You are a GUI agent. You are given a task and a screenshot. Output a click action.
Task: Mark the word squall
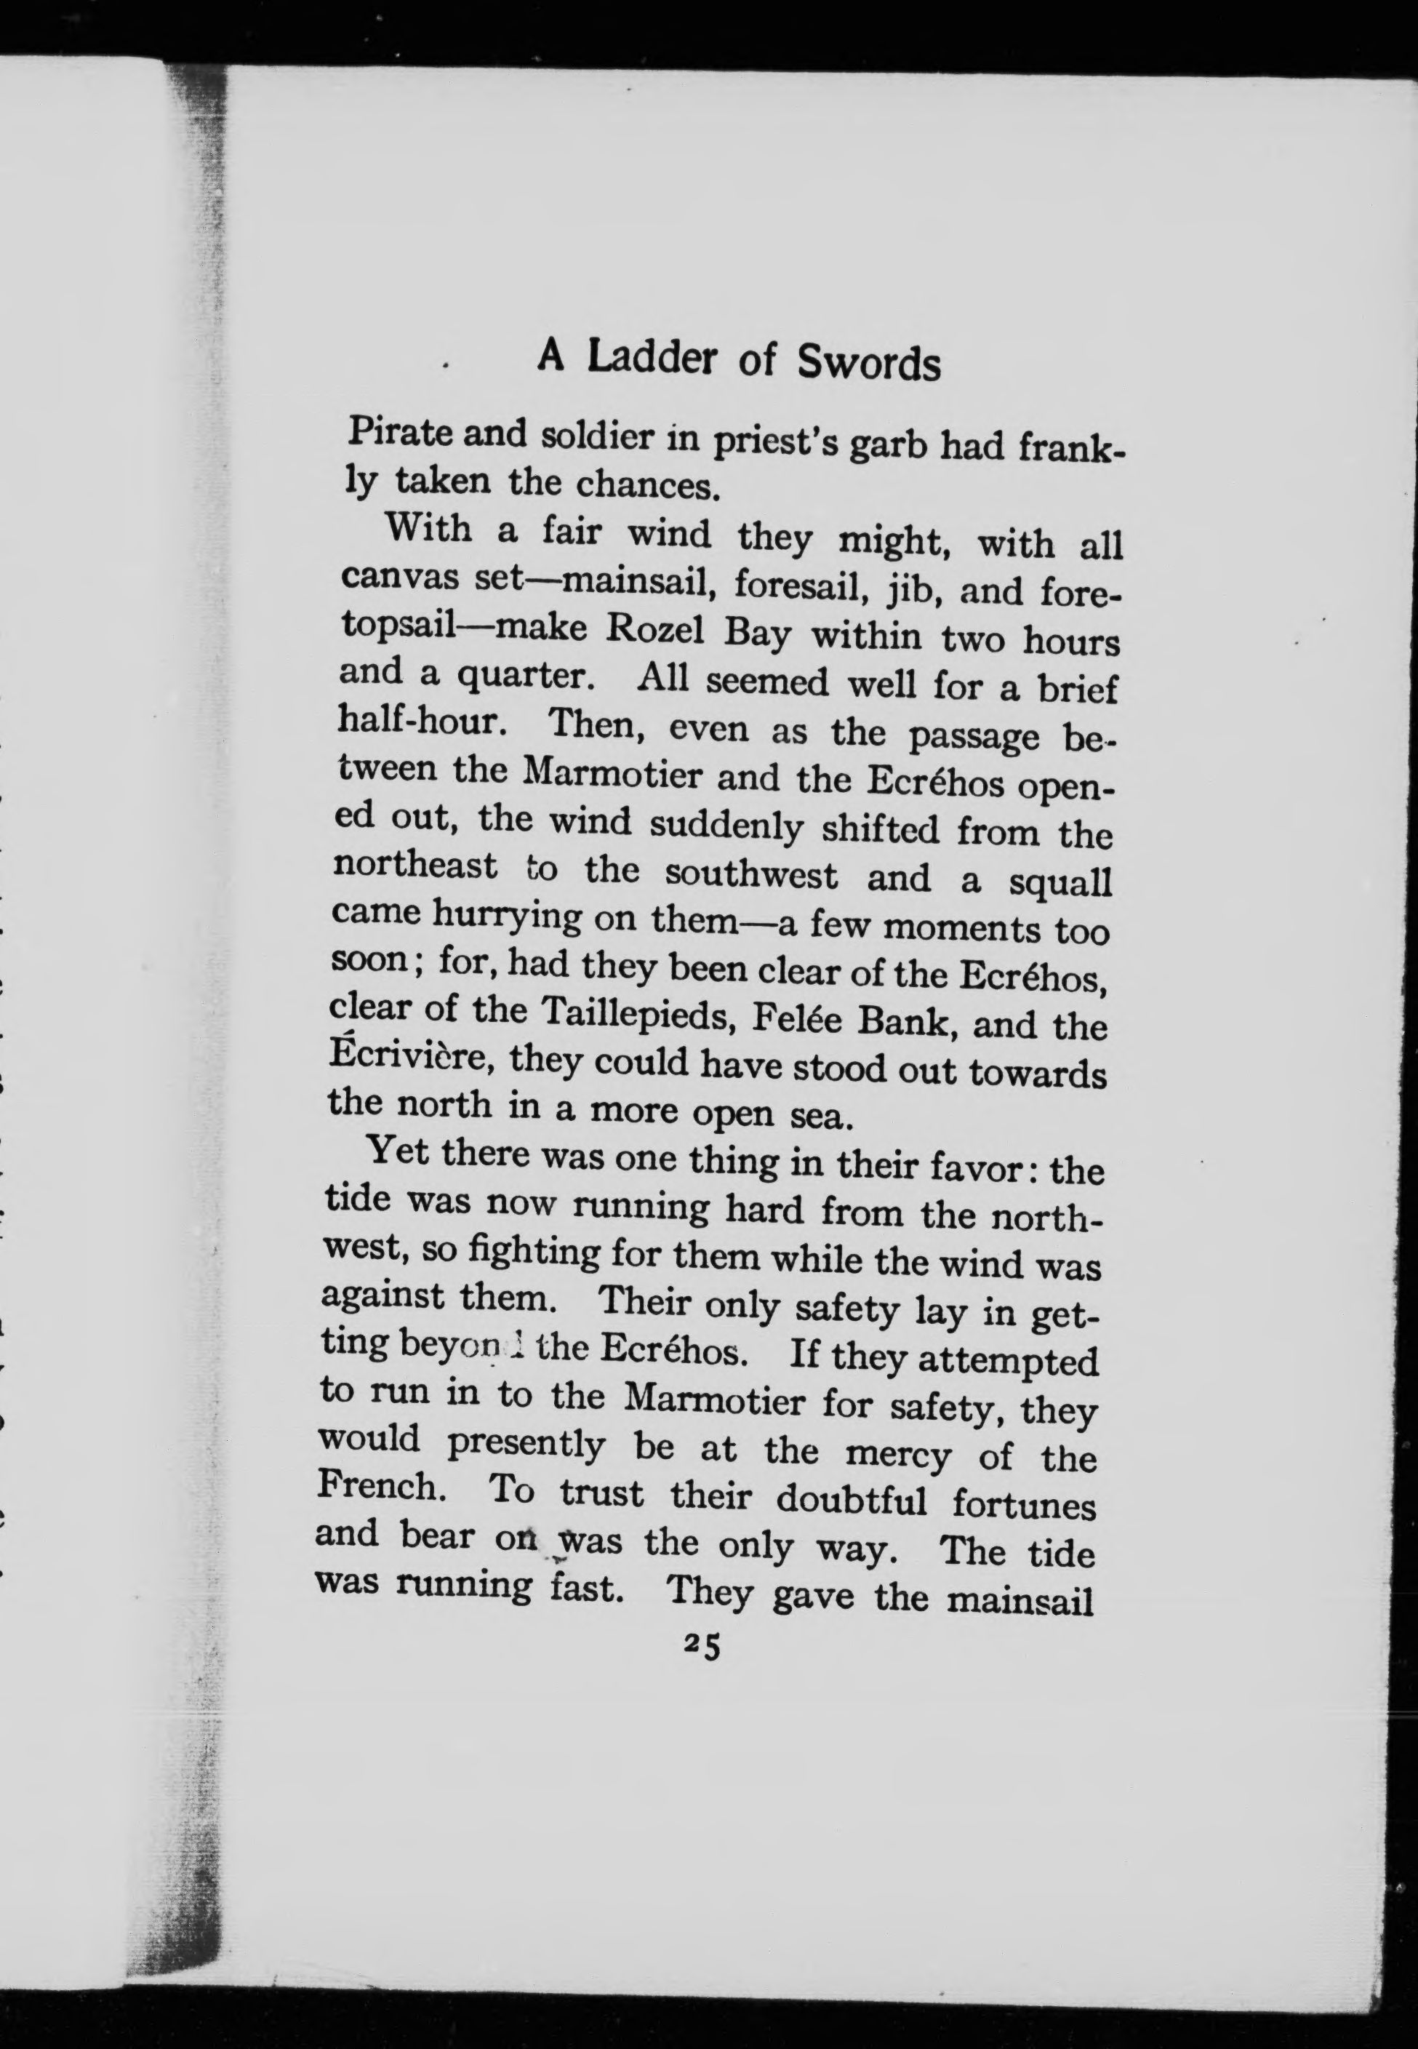(1062, 882)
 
